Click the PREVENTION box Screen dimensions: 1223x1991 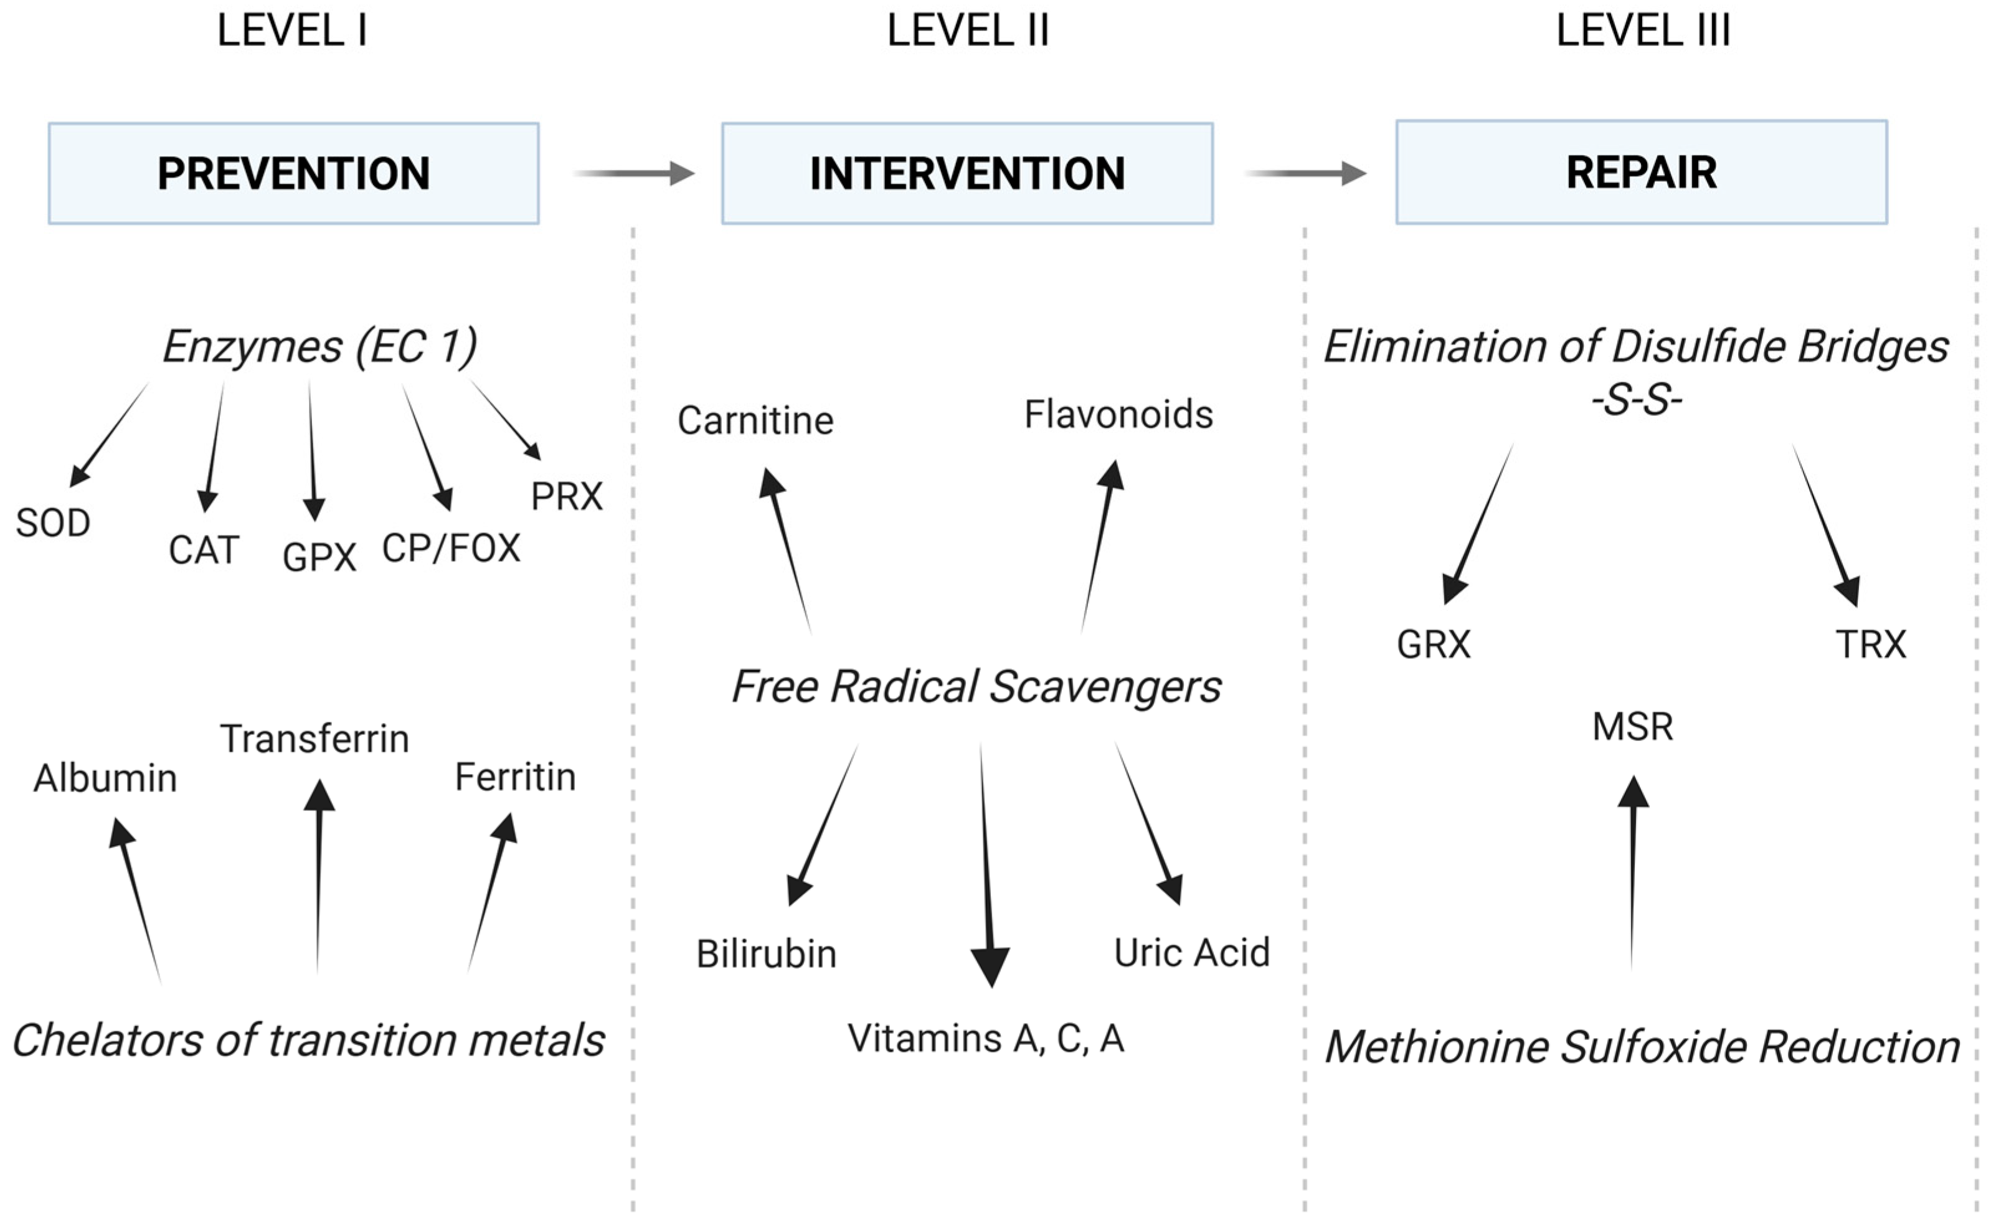(293, 173)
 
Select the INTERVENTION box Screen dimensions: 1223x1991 (967, 173)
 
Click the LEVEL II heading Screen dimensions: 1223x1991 (967, 31)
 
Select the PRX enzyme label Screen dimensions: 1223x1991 (567, 496)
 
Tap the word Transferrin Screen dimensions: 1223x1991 (314, 739)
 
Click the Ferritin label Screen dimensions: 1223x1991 (515, 777)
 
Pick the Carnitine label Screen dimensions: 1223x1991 (755, 420)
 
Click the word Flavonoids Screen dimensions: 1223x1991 (1118, 415)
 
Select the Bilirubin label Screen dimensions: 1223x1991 (766, 953)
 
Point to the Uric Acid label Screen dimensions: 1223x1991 (1191, 952)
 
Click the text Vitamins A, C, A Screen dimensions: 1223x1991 (986, 1039)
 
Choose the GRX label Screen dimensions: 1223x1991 (1433, 645)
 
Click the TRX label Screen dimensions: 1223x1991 (1871, 645)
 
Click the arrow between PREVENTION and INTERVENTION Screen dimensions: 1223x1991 (634, 173)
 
